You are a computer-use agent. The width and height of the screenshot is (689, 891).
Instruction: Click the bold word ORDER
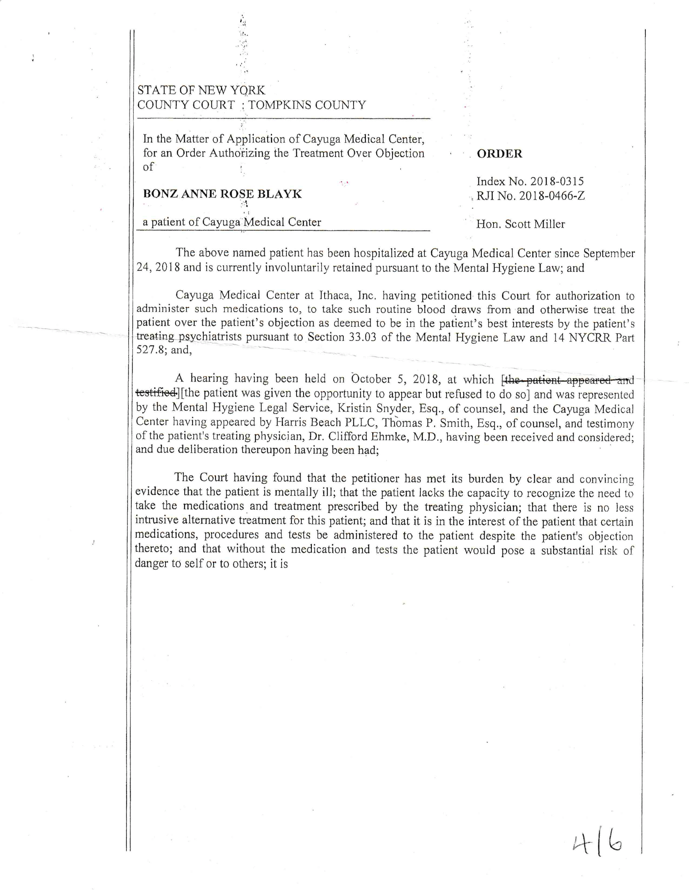pyautogui.click(x=499, y=154)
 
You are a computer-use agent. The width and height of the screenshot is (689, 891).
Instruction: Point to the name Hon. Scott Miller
pyautogui.click(x=521, y=224)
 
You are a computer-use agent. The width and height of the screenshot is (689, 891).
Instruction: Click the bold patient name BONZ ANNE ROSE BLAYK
pyautogui.click(x=222, y=194)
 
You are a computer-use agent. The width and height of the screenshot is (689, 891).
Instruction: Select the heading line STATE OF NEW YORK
pyautogui.click(x=201, y=90)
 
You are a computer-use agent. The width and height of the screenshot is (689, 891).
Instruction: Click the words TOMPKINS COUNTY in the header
pyautogui.click(x=307, y=105)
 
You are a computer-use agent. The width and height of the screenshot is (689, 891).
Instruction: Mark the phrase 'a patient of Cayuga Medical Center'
pyautogui.click(x=232, y=222)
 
